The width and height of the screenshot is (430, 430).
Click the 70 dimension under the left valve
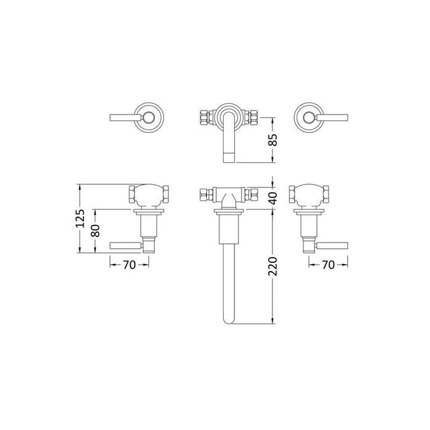point(129,265)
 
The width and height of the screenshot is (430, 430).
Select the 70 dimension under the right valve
point(328,265)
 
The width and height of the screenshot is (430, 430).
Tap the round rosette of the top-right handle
point(307,115)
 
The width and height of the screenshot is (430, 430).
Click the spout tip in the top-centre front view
point(227,157)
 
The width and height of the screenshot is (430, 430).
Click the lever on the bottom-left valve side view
point(126,246)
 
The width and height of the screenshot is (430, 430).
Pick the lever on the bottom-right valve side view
point(331,246)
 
